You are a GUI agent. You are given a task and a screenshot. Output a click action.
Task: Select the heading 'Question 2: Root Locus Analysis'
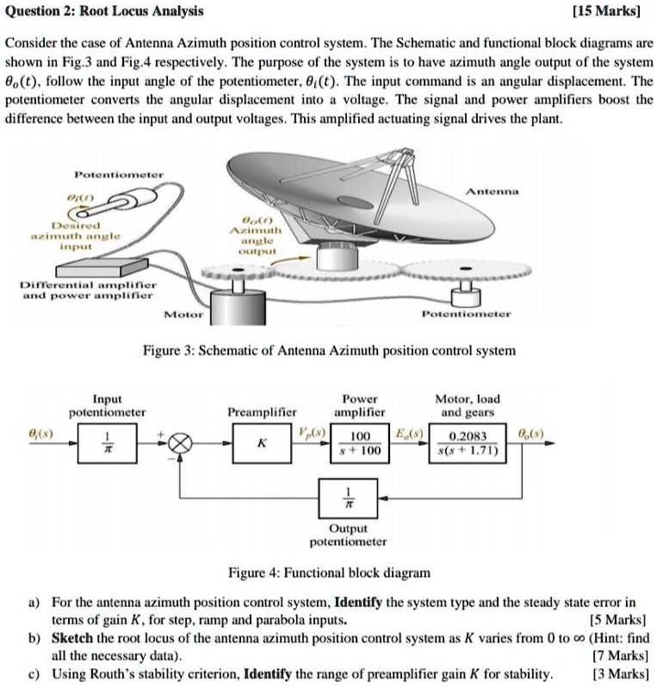(105, 11)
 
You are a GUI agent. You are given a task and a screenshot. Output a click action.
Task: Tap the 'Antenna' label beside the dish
(492, 191)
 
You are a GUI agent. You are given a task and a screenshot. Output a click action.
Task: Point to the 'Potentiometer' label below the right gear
(467, 314)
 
